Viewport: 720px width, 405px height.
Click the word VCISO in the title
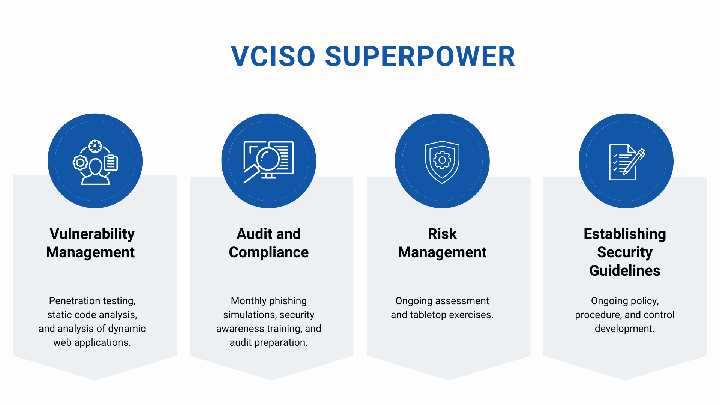click(273, 57)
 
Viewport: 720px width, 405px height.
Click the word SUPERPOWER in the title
click(420, 57)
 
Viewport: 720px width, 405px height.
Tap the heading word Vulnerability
click(92, 234)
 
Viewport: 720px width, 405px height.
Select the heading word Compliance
click(268, 252)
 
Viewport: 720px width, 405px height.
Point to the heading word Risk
click(442, 234)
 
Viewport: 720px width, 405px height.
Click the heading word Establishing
click(624, 234)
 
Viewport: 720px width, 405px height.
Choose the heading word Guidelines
click(624, 270)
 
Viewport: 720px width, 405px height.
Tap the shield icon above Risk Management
click(442, 162)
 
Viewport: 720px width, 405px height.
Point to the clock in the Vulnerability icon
click(95, 146)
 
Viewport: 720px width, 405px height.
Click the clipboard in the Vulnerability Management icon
click(111, 163)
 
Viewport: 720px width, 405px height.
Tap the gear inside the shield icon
click(442, 160)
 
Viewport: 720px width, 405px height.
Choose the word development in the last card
click(624, 329)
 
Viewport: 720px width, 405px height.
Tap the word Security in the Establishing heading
click(624, 252)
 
